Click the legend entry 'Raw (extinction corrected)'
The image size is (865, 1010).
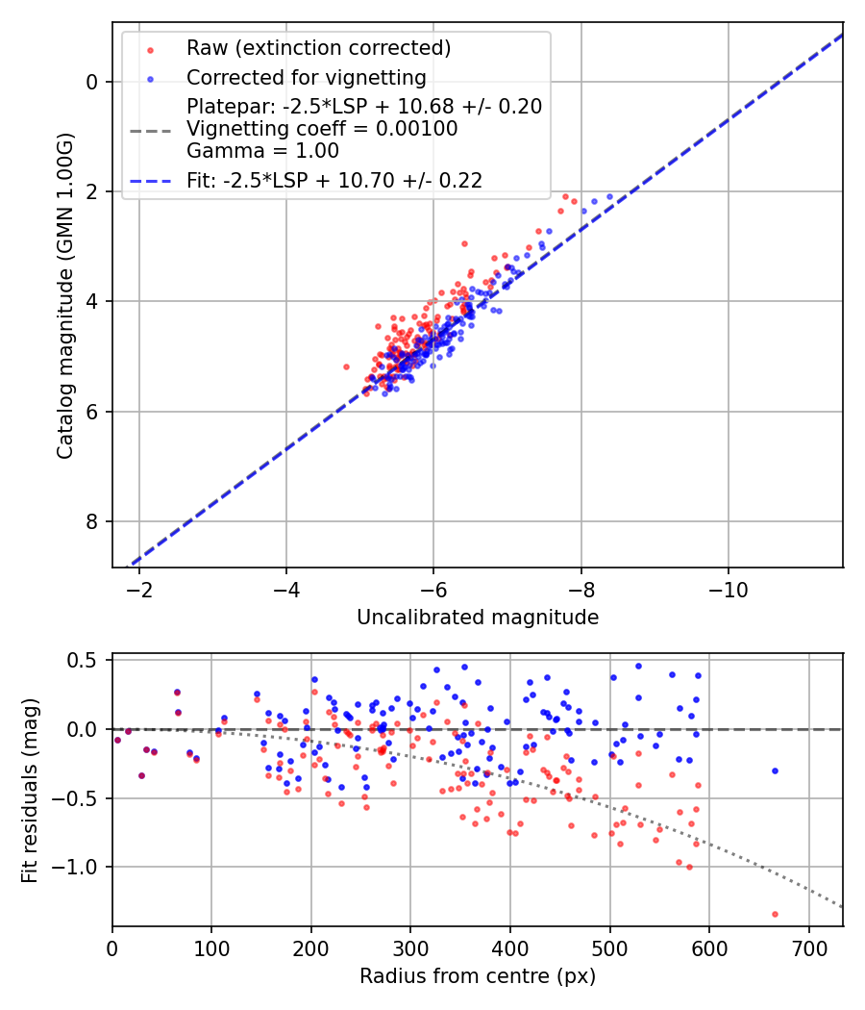tap(318, 48)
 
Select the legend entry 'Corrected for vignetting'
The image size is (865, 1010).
tap(306, 77)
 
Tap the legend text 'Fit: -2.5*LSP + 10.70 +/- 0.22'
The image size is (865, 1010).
tap(334, 180)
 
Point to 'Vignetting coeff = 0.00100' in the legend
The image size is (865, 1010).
tap(322, 129)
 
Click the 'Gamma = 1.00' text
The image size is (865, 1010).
tap(262, 150)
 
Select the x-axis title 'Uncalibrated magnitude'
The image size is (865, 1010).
tap(478, 618)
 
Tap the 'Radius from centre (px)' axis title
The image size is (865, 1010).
tap(478, 976)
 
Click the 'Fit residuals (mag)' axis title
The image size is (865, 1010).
tap(30, 791)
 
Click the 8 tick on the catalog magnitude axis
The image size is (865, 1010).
tap(92, 521)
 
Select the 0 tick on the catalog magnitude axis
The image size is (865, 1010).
tap(92, 82)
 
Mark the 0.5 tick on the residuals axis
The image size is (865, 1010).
tap(86, 660)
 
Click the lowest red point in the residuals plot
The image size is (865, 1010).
tap(775, 914)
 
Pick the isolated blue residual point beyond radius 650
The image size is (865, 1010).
tap(775, 770)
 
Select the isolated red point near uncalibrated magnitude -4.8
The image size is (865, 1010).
tap(346, 366)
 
